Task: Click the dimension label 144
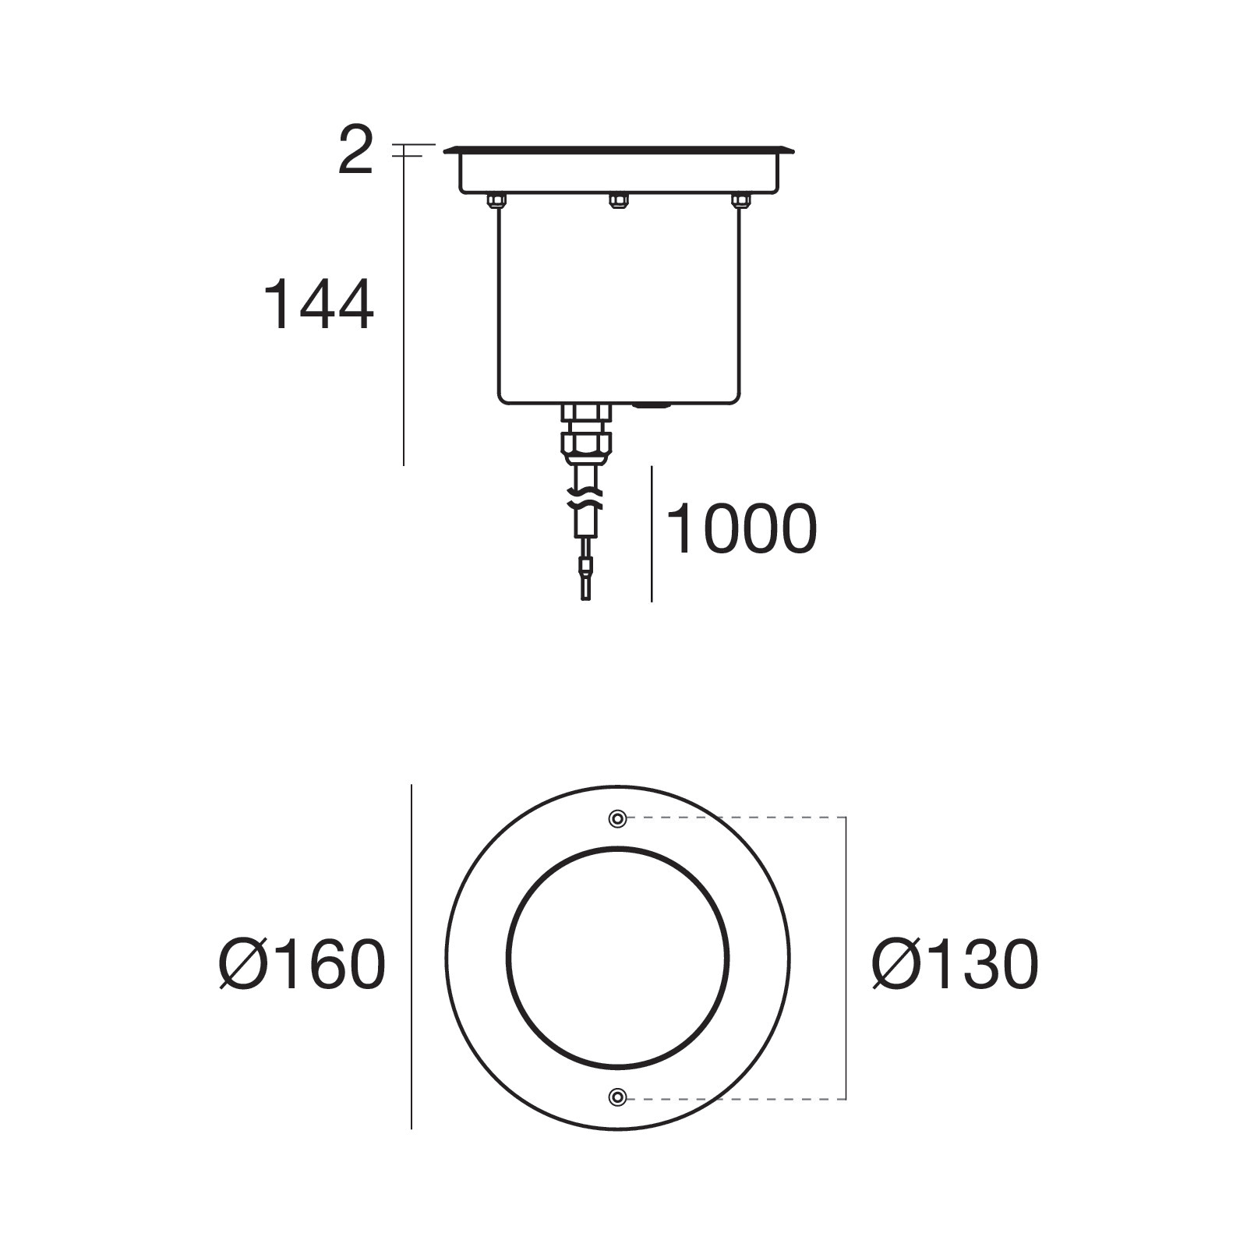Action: click(319, 306)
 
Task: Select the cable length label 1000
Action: click(742, 529)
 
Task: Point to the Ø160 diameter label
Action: click(302, 963)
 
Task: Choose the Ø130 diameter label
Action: click(956, 963)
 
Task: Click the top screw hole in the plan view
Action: click(617, 818)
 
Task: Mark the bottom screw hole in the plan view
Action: click(617, 1097)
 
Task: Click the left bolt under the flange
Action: click(495, 201)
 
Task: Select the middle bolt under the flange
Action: click(617, 201)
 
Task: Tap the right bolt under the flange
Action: click(739, 201)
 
